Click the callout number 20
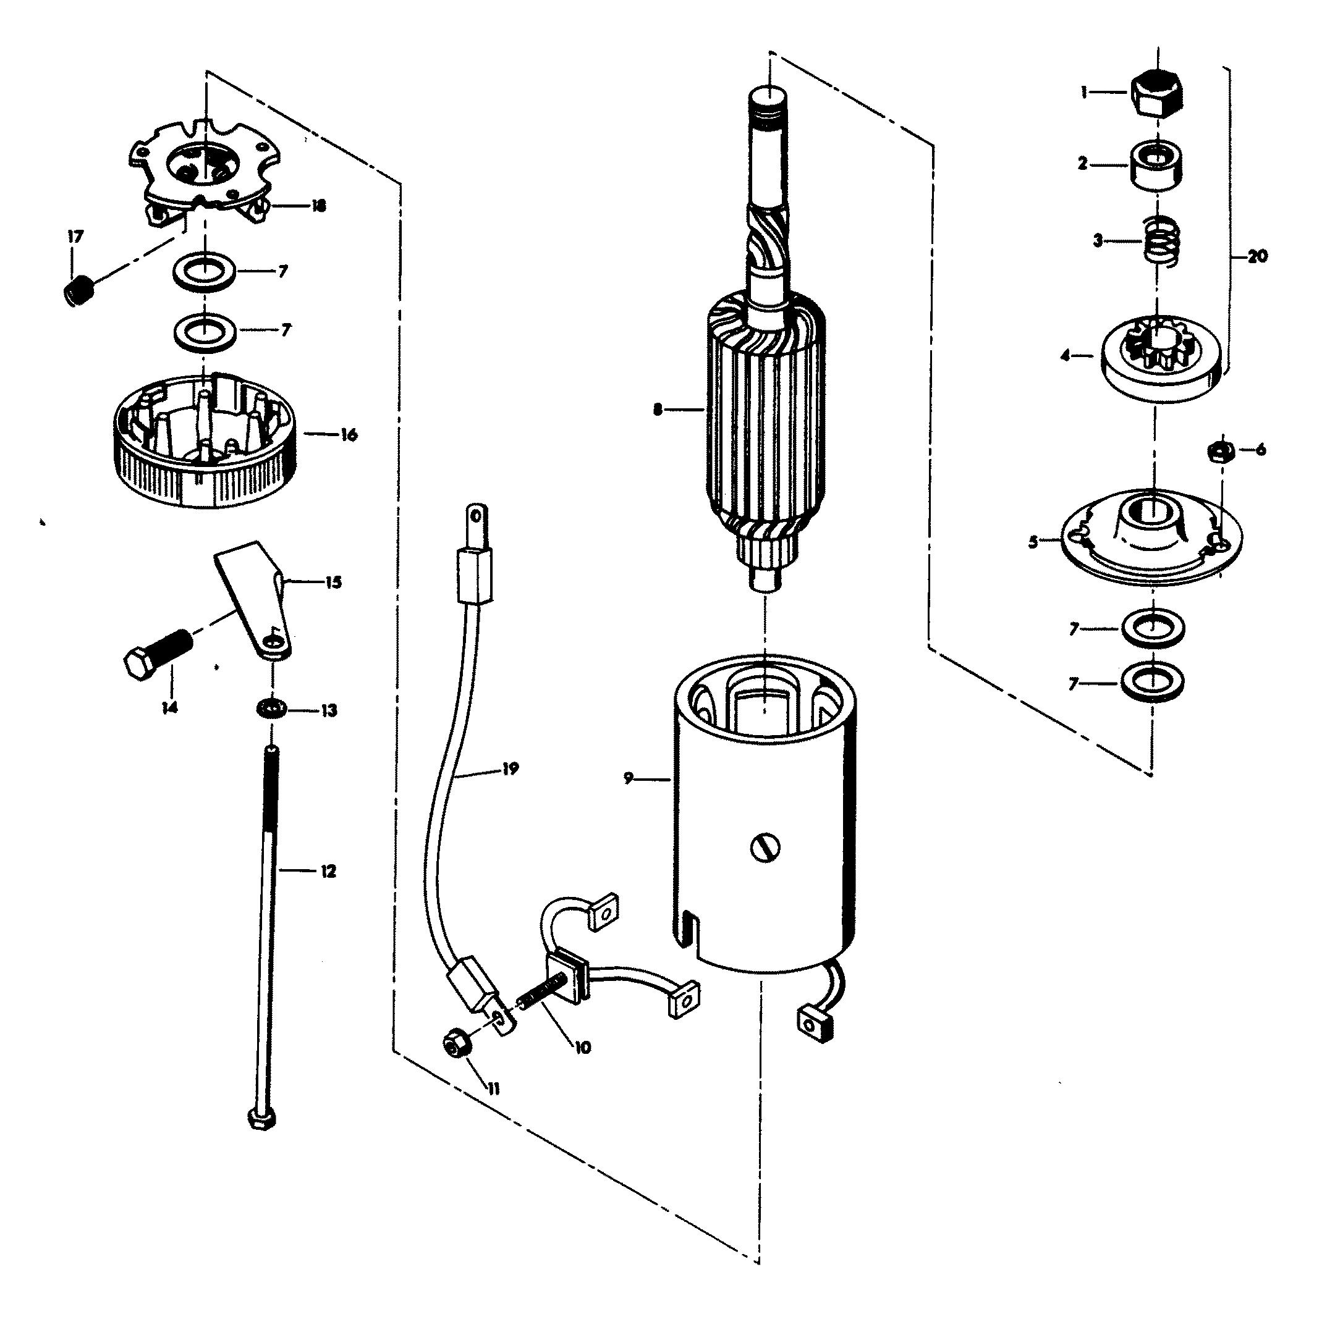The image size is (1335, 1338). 1257,256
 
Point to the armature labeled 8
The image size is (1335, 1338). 766,408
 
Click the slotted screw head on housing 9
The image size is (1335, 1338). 765,846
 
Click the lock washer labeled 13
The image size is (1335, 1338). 271,709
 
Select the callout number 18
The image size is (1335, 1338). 318,206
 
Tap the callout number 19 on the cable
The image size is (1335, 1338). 511,768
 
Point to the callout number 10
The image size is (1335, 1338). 583,1048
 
